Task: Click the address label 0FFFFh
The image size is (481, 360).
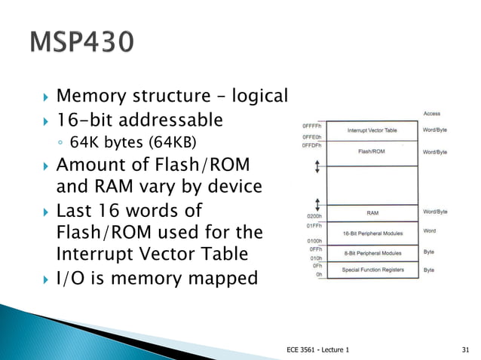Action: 313,125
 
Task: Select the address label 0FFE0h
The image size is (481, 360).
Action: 313,137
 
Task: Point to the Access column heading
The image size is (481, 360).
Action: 432,114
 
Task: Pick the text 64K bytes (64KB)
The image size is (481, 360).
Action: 126,142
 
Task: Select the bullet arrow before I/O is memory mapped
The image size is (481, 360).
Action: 44,279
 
